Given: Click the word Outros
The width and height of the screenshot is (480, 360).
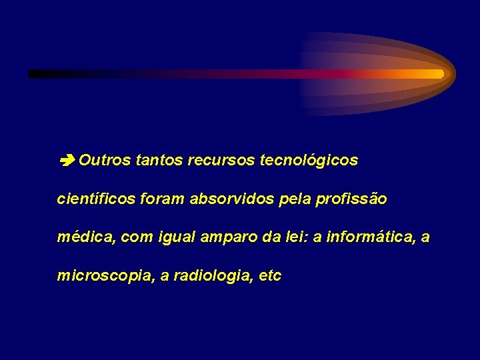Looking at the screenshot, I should click(x=105, y=161).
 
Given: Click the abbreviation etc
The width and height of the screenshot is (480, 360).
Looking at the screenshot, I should click(x=270, y=276).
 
